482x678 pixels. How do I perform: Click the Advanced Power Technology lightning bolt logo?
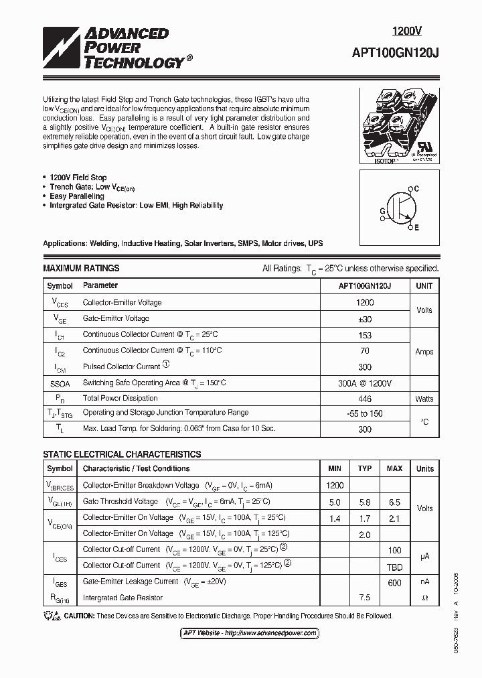click(62, 48)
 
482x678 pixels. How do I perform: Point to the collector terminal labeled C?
click(416, 190)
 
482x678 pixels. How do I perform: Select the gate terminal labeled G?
click(383, 211)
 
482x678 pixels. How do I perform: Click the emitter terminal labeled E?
click(416, 228)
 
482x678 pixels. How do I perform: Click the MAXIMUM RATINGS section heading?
click(81, 269)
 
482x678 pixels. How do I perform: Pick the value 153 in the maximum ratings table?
click(365, 334)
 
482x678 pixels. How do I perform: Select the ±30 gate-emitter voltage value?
click(365, 318)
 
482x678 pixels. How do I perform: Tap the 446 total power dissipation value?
click(365, 399)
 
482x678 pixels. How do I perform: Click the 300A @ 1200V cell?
click(365, 383)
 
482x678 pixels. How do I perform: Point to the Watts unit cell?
click(424, 399)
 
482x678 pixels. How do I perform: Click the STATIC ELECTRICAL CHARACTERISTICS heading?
click(122, 454)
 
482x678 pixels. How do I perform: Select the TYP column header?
click(365, 469)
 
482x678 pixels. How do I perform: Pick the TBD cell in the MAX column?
click(394, 565)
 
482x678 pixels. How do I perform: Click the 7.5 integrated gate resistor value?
click(365, 597)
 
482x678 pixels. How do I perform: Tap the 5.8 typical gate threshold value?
click(365, 502)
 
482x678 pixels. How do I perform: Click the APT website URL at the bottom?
click(250, 633)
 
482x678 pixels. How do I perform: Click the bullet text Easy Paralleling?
click(77, 196)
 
